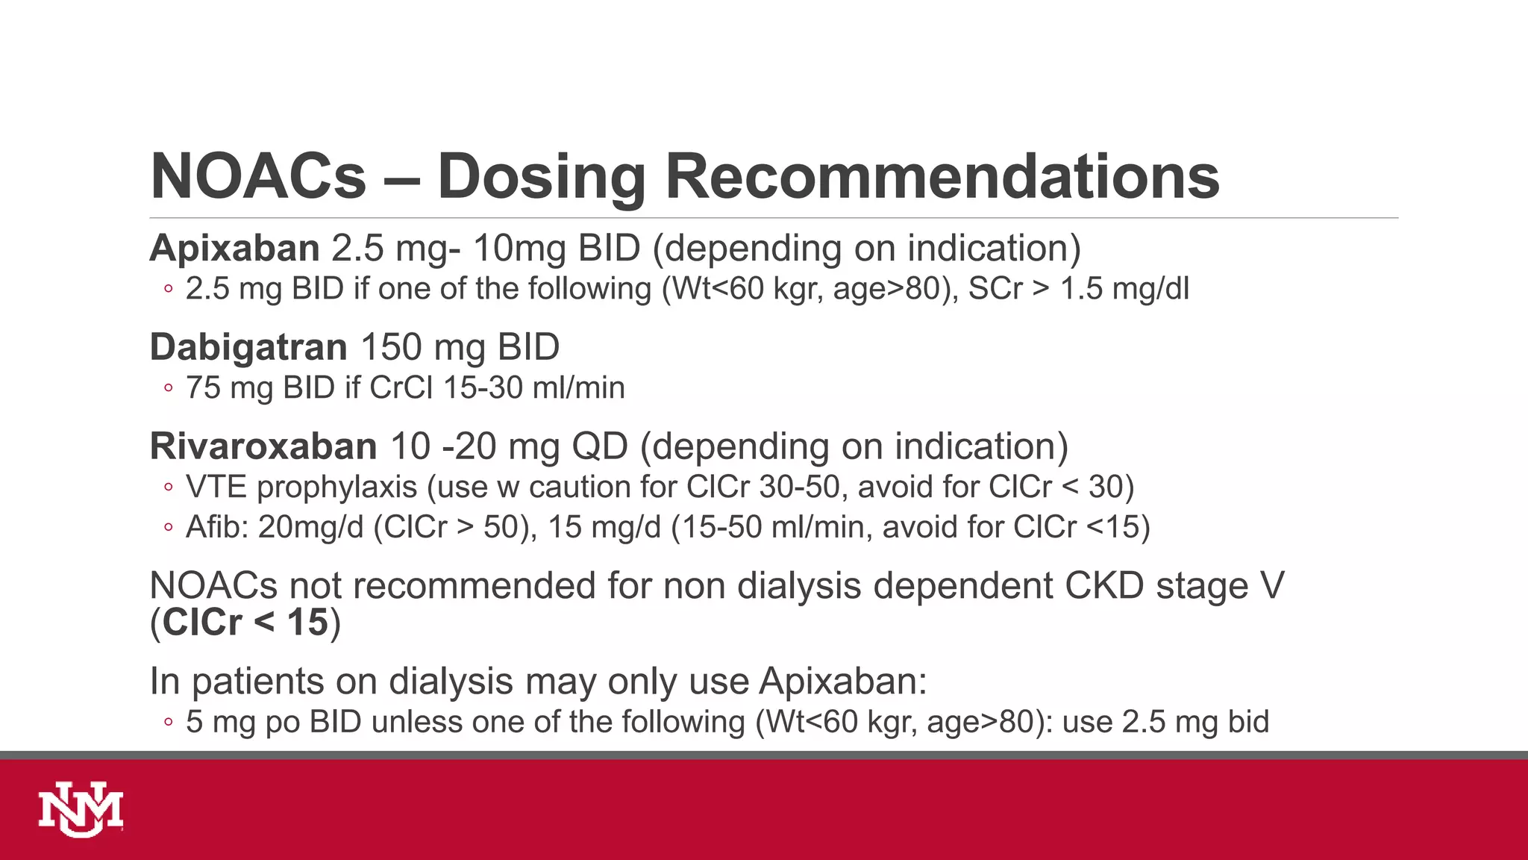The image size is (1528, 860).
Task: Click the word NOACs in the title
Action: click(258, 176)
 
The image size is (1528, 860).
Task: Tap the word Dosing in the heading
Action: click(541, 178)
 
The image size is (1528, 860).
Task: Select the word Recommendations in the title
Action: click(942, 176)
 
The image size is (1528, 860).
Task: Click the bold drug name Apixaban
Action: click(234, 249)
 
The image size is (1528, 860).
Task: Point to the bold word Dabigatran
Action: click(248, 347)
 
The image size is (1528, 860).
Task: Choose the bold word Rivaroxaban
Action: click(263, 446)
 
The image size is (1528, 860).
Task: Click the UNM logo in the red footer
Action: click(81, 809)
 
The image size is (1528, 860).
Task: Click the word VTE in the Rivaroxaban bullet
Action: click(216, 487)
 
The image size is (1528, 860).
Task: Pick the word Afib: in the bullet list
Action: click(216, 527)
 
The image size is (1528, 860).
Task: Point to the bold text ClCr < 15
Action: click(245, 623)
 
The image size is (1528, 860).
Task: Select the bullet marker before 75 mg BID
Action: click(169, 388)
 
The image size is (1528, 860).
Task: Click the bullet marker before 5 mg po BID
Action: click(169, 722)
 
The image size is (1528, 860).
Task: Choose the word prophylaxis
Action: click(337, 487)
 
